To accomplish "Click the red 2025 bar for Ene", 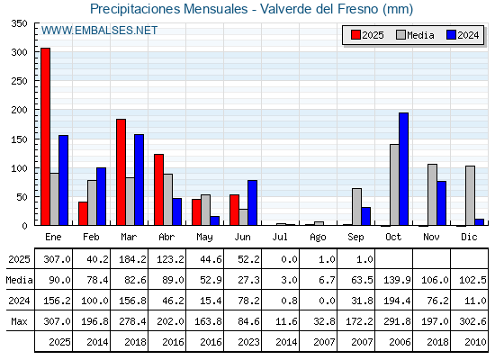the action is [45, 137].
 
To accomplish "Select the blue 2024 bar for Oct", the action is [404, 169].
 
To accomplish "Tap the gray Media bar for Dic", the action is [470, 196].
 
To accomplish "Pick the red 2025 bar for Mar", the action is [121, 172].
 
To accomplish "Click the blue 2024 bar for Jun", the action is [252, 202].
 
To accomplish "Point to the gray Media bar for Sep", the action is [356, 207].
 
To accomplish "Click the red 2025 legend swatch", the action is [355, 35].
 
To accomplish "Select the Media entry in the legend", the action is [415, 35].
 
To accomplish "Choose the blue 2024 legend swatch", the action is [451, 35].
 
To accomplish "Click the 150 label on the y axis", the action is [19, 139].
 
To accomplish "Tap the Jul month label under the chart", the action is [280, 237].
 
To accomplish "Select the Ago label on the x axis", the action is [318, 238].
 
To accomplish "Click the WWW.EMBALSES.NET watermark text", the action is [100, 31].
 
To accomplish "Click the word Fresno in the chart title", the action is [358, 9].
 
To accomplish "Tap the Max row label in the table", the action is [19, 321].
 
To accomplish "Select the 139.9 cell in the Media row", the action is [397, 280].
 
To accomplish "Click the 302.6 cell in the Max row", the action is [472, 321].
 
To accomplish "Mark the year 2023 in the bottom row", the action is [248, 342].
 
